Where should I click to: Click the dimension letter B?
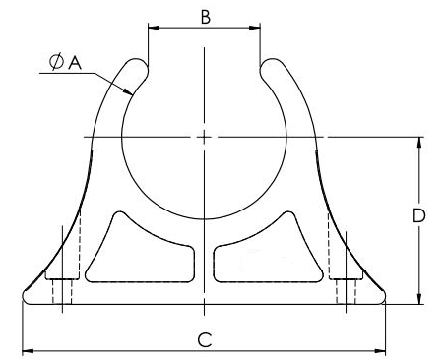click(x=206, y=17)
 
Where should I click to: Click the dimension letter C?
click(x=205, y=340)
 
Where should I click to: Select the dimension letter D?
click(x=418, y=215)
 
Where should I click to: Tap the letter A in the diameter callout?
click(x=75, y=62)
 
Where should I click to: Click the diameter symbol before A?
click(x=56, y=62)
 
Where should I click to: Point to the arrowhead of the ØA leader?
click(x=128, y=91)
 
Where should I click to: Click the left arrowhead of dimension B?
click(x=154, y=28)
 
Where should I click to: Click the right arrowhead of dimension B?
click(x=255, y=28)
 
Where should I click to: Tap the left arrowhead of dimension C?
click(x=28, y=351)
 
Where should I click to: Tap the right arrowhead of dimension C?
click(x=380, y=351)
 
